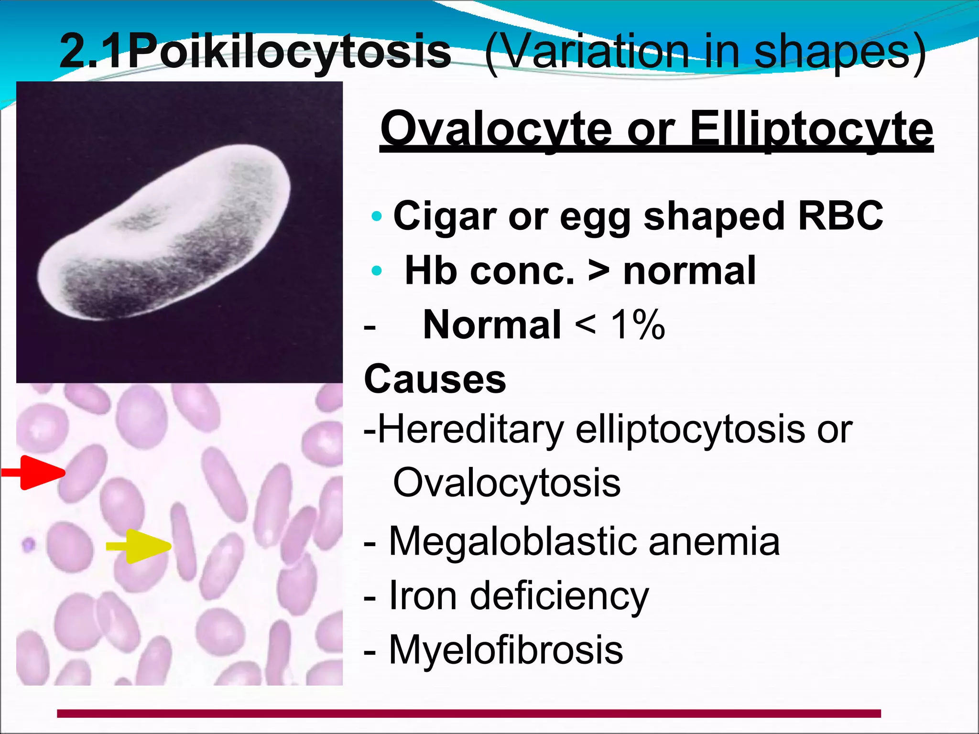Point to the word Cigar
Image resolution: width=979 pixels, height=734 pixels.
445,216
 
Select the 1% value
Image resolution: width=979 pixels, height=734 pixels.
638,325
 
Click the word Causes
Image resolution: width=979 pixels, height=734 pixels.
435,379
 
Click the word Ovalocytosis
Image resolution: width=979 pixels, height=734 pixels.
507,483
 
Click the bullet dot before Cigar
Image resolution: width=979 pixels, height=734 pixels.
377,216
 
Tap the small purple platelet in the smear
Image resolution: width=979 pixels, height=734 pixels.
29,544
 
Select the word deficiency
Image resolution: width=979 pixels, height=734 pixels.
559,596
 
